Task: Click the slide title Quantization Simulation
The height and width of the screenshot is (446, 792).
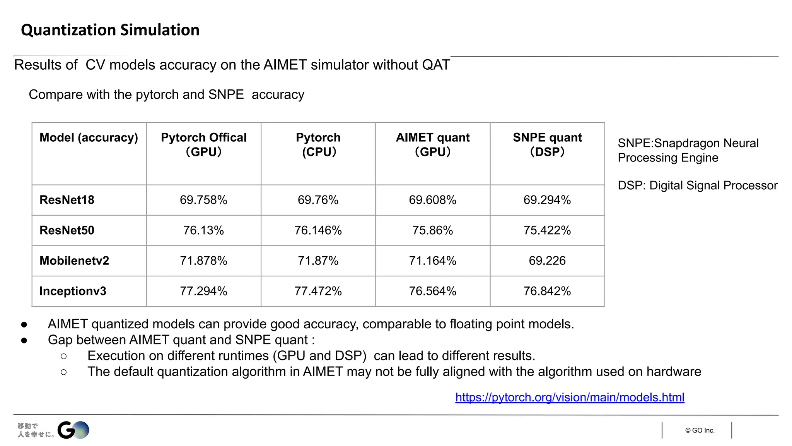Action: point(110,30)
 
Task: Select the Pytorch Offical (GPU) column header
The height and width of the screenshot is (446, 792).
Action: point(203,144)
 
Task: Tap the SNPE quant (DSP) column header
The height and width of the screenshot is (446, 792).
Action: point(547,144)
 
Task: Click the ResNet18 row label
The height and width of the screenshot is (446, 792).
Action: point(67,200)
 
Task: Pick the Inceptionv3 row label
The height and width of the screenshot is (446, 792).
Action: point(73,291)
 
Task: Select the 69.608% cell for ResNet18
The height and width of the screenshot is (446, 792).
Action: point(432,200)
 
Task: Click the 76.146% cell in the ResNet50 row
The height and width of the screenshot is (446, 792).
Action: point(318,230)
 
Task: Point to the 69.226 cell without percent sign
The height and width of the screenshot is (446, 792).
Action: point(547,261)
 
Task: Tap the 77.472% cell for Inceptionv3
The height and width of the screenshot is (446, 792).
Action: point(318,291)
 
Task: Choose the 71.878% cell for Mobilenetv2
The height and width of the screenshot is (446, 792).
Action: point(203,261)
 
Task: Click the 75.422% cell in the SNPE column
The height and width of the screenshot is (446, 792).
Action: point(547,230)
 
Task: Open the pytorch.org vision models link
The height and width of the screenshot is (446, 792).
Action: point(570,397)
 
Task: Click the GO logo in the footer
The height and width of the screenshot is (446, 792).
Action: point(73,430)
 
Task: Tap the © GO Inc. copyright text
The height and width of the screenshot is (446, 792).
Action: point(700,431)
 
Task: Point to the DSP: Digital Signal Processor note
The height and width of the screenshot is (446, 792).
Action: point(697,185)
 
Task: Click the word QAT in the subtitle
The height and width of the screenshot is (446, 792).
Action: point(436,65)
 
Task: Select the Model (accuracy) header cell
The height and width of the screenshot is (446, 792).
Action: point(89,138)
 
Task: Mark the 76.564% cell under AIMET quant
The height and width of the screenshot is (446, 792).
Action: point(432,291)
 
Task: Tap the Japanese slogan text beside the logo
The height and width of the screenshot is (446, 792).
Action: point(36,430)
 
